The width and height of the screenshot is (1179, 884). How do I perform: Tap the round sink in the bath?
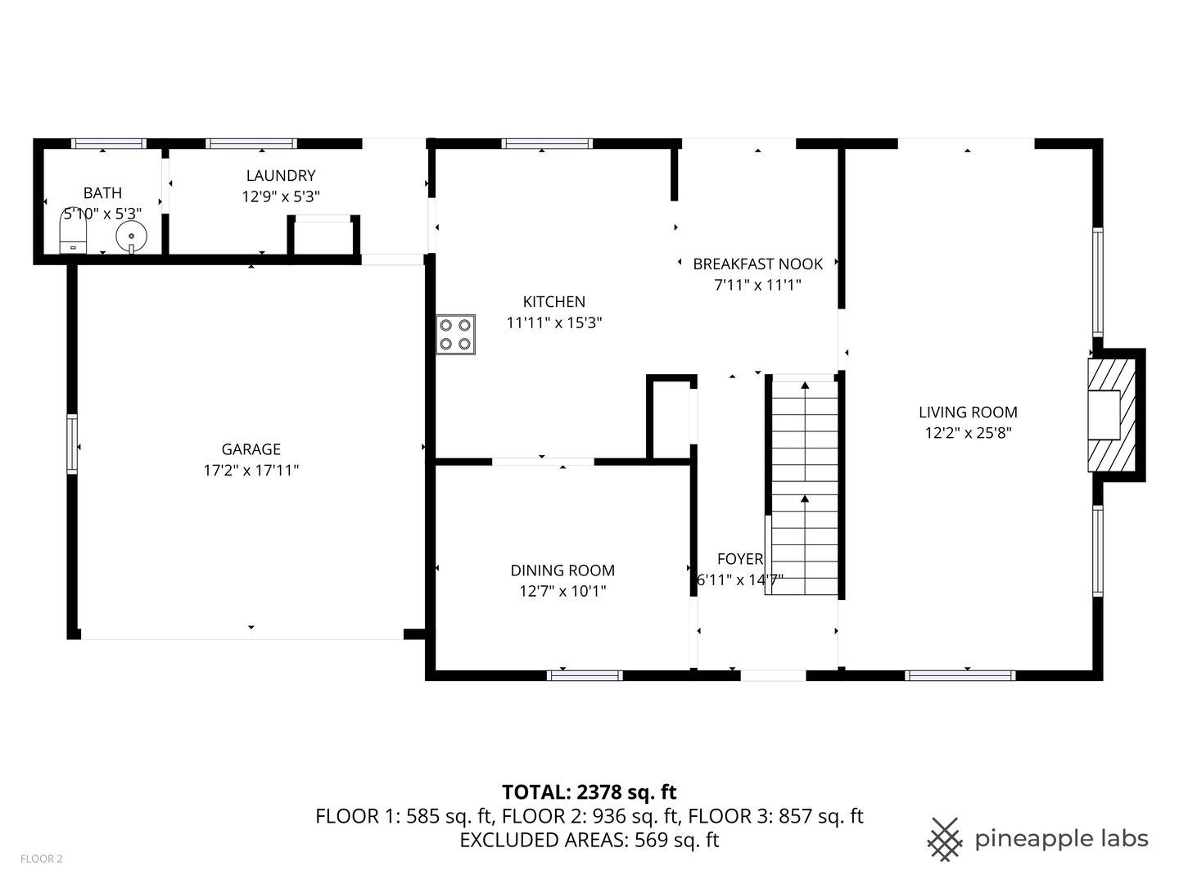pyautogui.click(x=131, y=237)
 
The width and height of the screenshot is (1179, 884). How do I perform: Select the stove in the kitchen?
pyautogui.click(x=455, y=334)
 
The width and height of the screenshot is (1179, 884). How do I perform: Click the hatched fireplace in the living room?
pyautogui.click(x=1111, y=416)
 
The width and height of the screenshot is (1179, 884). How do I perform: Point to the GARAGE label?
pyautogui.click(x=251, y=449)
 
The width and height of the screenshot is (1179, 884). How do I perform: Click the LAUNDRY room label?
pyautogui.click(x=281, y=175)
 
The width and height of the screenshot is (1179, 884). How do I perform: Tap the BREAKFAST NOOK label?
pyautogui.click(x=757, y=264)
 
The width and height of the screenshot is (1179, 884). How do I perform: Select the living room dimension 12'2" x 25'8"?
pyautogui.click(x=968, y=433)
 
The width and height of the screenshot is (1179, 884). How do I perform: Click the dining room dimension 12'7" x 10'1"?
pyautogui.click(x=562, y=591)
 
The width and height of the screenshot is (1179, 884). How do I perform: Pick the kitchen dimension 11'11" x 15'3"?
pyautogui.click(x=554, y=322)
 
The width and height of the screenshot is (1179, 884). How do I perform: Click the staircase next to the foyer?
pyautogui.click(x=805, y=487)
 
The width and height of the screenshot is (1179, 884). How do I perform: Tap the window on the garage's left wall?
pyautogui.click(x=72, y=444)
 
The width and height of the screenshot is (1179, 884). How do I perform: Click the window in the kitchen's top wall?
pyautogui.click(x=547, y=144)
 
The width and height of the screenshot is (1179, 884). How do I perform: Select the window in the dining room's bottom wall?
pyautogui.click(x=585, y=675)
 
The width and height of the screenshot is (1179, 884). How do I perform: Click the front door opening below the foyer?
pyautogui.click(x=773, y=675)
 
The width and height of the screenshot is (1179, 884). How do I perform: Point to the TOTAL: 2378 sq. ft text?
pyautogui.click(x=589, y=792)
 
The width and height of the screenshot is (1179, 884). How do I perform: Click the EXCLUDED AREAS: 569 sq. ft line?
pyautogui.click(x=589, y=840)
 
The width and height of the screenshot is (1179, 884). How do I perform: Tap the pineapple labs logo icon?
pyautogui.click(x=944, y=839)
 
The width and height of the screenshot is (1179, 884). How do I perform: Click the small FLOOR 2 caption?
pyautogui.click(x=41, y=859)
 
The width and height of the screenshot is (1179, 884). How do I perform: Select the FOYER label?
pyautogui.click(x=740, y=559)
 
